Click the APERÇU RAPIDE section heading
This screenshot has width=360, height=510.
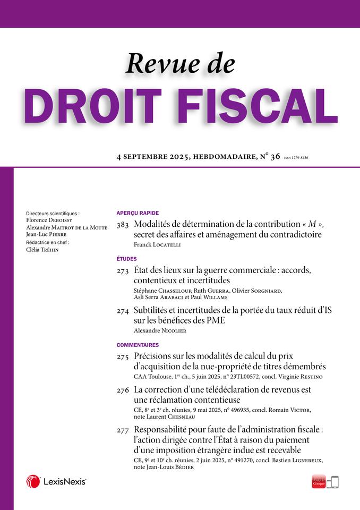pyautogui.click(x=138, y=212)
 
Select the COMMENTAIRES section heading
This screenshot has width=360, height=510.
pyautogui.click(x=138, y=345)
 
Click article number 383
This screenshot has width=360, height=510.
pyautogui.click(x=123, y=225)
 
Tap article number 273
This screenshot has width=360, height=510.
pyautogui.click(x=123, y=271)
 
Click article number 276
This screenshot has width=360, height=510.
pyautogui.click(x=123, y=390)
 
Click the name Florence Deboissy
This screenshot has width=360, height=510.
pyautogui.click(x=48, y=218)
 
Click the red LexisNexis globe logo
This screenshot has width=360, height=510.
pyautogui.click(x=33, y=481)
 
